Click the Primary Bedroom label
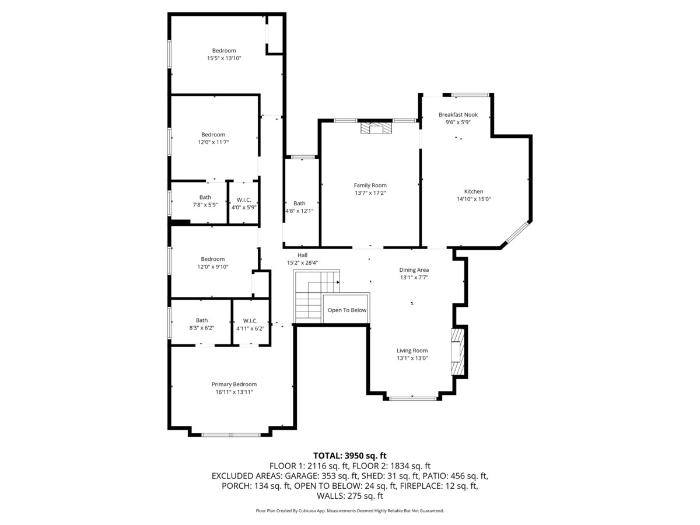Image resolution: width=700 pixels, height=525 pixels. point(234,384)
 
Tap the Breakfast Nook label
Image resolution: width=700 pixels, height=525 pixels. point(458,115)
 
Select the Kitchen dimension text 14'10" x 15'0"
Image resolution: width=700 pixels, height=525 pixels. point(474,199)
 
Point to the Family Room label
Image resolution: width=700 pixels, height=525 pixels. point(370,185)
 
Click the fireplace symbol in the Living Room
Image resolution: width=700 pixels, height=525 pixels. point(459,352)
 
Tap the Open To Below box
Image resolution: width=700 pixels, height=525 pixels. point(346,310)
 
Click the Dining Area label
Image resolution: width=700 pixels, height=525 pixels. point(414,270)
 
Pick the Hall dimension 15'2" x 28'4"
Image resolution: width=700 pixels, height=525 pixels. point(302,263)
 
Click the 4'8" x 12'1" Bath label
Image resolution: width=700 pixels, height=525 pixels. point(299,207)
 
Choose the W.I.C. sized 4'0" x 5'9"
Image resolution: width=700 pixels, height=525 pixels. point(244,204)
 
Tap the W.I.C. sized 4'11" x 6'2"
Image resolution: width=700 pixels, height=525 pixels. point(250,324)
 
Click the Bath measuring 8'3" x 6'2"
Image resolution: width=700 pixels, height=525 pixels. point(201,324)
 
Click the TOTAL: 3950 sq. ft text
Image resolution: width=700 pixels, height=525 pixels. point(350,456)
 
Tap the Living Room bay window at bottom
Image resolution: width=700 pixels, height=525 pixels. point(413,398)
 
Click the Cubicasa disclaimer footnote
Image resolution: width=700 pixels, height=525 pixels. point(350,510)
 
